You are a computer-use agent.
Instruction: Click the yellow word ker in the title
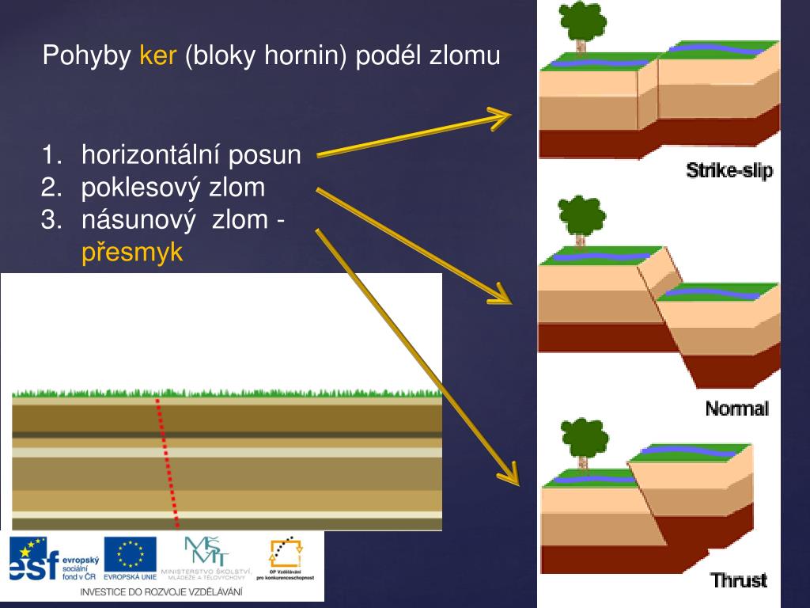157,56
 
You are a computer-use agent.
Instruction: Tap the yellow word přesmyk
133,253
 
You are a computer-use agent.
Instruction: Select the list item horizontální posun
191,155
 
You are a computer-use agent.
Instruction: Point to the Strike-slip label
729,170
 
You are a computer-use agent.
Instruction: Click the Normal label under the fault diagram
736,408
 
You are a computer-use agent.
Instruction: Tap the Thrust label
739,580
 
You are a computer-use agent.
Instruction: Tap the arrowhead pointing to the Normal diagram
501,294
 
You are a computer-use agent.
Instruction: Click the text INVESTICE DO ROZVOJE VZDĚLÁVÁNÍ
161,591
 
